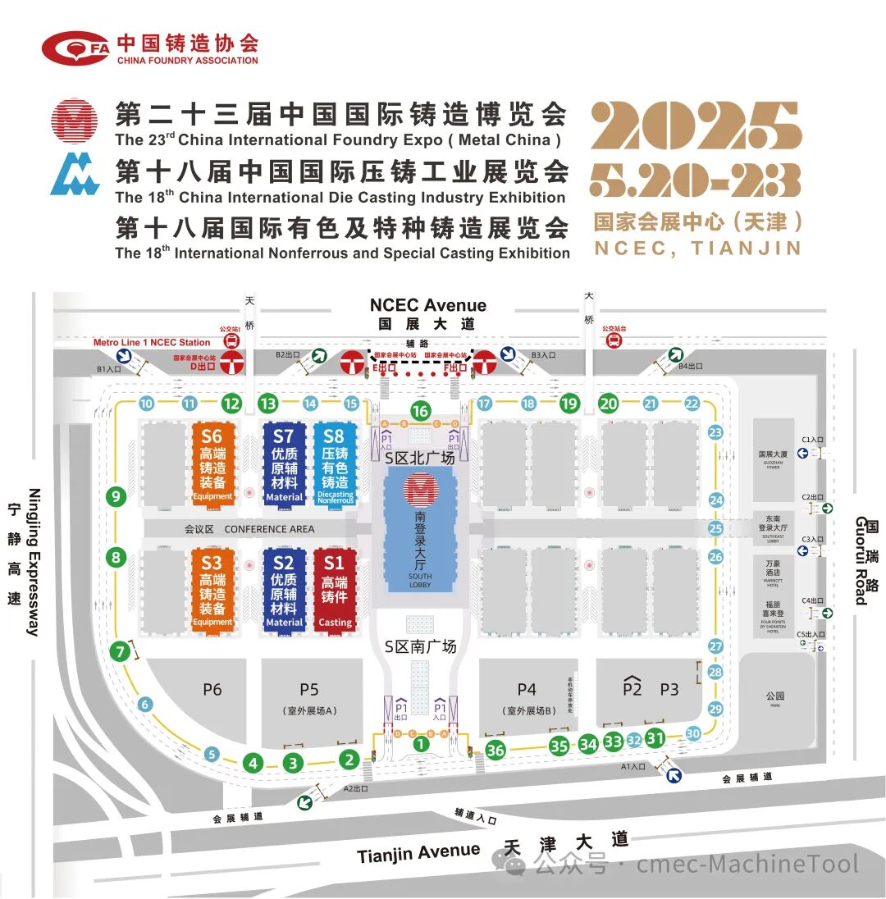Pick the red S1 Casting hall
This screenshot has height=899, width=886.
pos(334,589)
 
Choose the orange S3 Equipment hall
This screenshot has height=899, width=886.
pos(212,589)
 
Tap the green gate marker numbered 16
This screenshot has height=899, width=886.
pos(421,411)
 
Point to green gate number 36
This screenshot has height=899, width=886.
pos(495,750)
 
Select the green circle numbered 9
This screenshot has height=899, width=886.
pos(116,495)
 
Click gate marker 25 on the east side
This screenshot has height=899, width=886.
pos(715,529)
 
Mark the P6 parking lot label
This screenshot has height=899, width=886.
pos(212,690)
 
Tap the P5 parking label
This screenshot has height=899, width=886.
pos(309,690)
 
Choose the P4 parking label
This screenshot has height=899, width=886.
pos(526,690)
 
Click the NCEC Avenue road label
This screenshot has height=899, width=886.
pos(427,305)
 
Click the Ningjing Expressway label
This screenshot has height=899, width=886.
pos(34,562)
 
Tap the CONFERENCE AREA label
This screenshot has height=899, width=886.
pos(268,529)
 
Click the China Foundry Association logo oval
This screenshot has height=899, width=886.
pos(75,48)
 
